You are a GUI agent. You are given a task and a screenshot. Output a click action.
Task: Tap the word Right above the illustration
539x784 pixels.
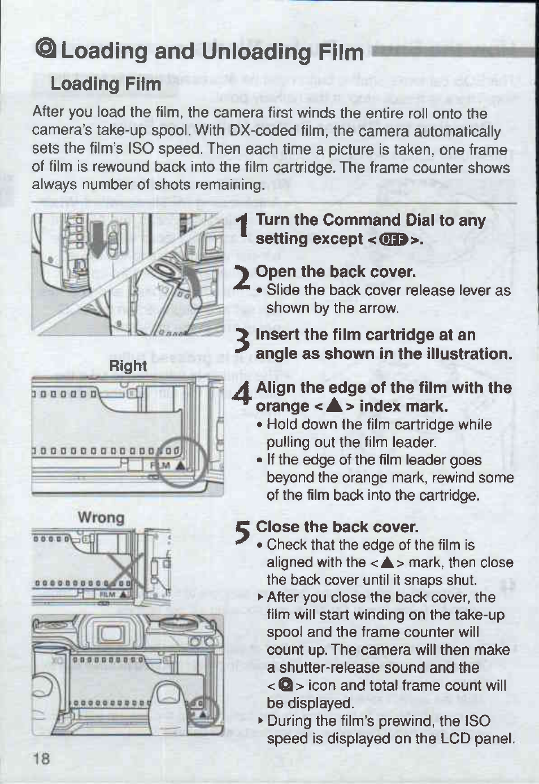(128, 366)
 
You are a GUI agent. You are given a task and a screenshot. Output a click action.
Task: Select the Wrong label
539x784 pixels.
(101, 517)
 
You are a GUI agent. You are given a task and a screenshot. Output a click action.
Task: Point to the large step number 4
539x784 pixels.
(241, 393)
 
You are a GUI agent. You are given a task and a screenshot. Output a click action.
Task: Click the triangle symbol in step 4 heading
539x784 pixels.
(333, 406)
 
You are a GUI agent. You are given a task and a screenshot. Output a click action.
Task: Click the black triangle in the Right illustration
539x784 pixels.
(180, 466)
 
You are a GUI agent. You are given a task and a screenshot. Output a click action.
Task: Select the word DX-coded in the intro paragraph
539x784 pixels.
(264, 132)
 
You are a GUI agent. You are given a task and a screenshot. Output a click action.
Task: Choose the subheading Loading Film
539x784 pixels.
(106, 84)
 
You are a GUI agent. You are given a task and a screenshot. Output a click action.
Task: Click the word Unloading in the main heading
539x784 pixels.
(257, 52)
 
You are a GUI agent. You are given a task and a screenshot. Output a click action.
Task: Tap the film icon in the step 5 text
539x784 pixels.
(283, 685)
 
